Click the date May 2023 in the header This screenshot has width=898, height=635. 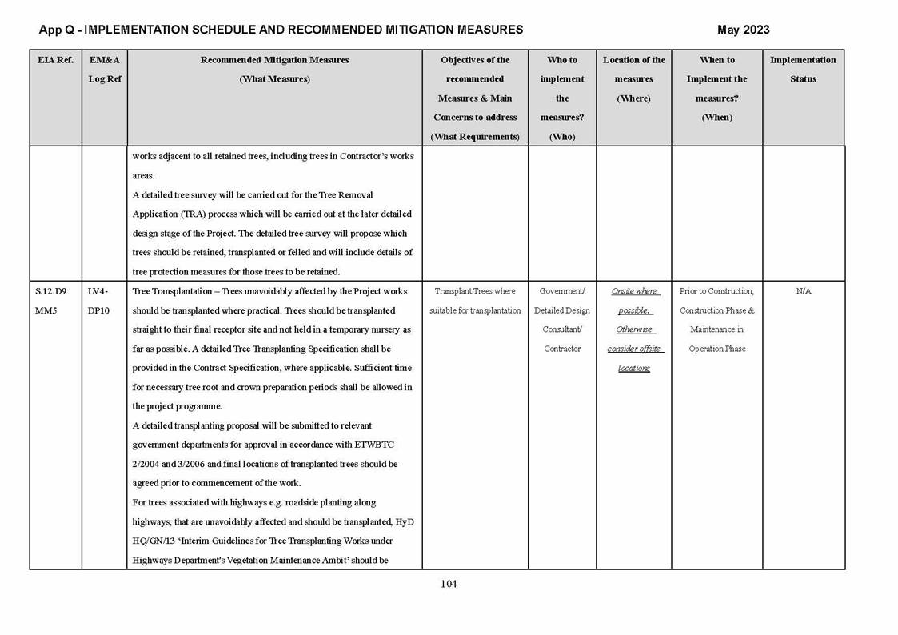743,30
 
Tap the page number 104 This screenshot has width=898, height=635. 449,584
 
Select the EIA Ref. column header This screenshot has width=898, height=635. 55,60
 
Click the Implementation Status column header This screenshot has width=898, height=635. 803,70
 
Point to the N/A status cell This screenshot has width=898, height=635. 803,291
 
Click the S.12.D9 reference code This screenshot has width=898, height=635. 51,291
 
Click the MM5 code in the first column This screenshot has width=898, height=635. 46,310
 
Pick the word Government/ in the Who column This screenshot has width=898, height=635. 562,291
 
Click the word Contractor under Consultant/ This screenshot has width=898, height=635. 562,349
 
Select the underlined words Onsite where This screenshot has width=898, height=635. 634,291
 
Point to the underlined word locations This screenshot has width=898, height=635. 634,368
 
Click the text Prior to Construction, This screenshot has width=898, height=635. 716,291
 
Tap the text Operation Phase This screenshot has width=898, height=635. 716,349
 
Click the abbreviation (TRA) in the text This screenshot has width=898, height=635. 196,214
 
